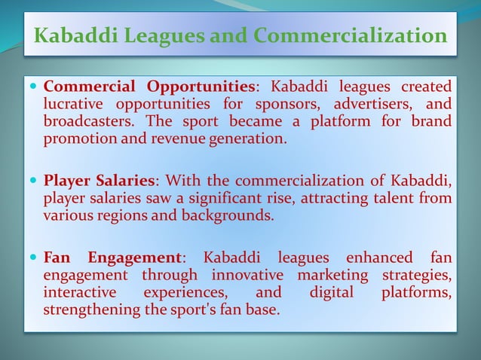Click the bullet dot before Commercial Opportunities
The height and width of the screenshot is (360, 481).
click(x=34, y=85)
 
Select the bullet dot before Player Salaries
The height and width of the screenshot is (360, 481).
click(x=34, y=180)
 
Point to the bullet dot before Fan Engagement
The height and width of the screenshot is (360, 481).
click(x=34, y=258)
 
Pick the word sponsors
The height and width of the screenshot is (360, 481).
click(x=283, y=103)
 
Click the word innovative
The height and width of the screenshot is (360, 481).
click(x=247, y=276)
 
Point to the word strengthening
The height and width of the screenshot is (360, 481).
click(x=97, y=310)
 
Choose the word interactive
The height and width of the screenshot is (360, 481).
click(x=80, y=292)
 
